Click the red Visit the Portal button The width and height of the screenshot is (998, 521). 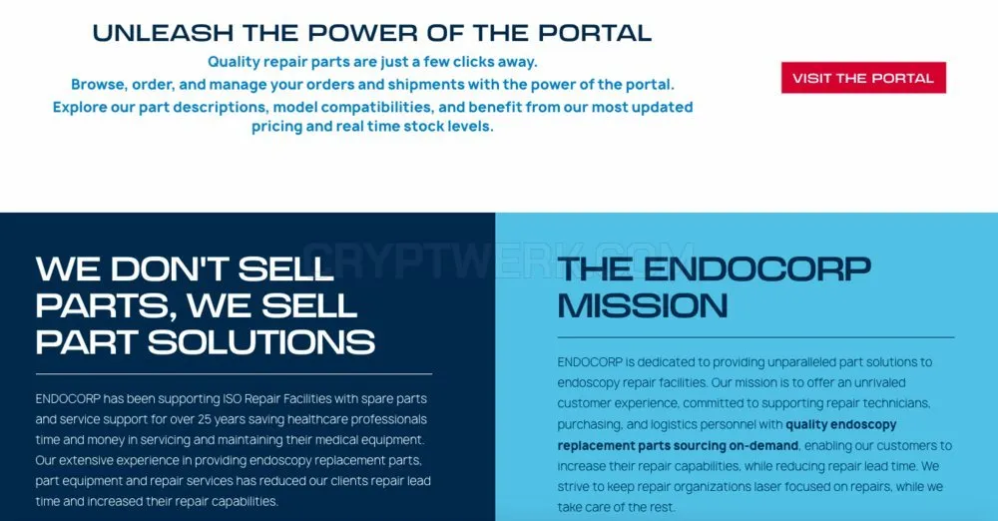(863, 78)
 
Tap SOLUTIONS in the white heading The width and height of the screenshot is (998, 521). (261, 342)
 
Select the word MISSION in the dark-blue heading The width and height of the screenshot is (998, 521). (643, 305)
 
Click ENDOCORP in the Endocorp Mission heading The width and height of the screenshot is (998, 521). (757, 269)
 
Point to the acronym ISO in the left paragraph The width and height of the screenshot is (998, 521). (232, 398)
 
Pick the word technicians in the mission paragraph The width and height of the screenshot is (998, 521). (896, 404)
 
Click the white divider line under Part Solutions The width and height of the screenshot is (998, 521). (234, 374)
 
